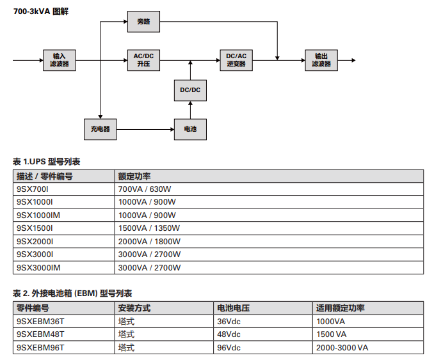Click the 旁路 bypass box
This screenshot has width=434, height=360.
pyautogui.click(x=143, y=22)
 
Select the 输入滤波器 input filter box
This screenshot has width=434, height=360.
pyautogui.click(x=60, y=60)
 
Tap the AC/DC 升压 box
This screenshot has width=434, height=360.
pyautogui.click(x=143, y=60)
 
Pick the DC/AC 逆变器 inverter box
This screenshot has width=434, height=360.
pyautogui.click(x=236, y=60)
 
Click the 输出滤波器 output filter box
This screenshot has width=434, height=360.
pyautogui.click(x=321, y=60)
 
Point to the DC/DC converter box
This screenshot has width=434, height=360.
pyautogui.click(x=190, y=90)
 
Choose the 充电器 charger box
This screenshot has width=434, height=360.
pyautogui.click(x=100, y=129)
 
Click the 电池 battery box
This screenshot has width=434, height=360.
pyautogui.click(x=190, y=129)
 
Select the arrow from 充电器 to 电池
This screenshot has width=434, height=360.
pyautogui.click(x=145, y=129)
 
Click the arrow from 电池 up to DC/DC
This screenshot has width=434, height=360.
pyautogui.click(x=190, y=110)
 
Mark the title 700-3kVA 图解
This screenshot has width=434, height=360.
pyautogui.click(x=41, y=12)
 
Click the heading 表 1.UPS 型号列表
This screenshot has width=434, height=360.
pyautogui.click(x=47, y=162)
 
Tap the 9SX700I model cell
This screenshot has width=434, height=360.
pyautogui.click(x=63, y=189)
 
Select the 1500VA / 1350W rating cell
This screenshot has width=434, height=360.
pyautogui.click(x=269, y=228)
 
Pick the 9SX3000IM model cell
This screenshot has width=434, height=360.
pyautogui.click(x=63, y=268)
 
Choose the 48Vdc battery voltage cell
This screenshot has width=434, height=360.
pyautogui.click(x=263, y=334)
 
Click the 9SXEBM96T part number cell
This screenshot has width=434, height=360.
pyautogui.click(x=63, y=348)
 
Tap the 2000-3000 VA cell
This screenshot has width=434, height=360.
pyautogui.click(x=368, y=348)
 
